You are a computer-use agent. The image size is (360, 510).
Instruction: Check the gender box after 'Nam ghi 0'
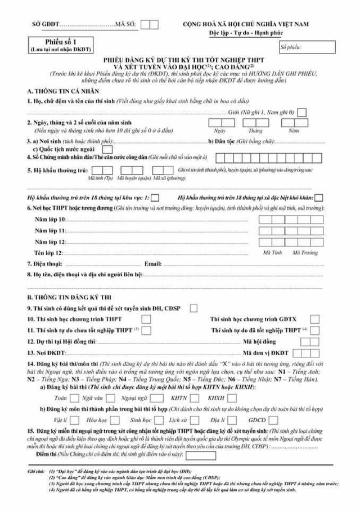302,113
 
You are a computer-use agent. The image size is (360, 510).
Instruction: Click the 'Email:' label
153,263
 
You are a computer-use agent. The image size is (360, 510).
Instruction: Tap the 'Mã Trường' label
305,252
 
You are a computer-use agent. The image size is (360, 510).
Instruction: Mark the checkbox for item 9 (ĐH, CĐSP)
193,308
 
